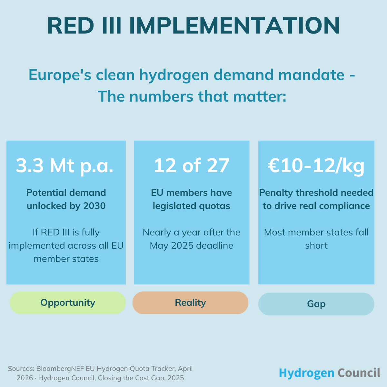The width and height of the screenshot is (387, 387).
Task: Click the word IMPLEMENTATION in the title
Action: [234, 26]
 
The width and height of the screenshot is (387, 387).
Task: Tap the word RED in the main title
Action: [71, 26]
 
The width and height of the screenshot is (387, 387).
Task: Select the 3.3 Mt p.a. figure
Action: [64, 166]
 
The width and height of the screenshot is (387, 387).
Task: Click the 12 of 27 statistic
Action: [191, 166]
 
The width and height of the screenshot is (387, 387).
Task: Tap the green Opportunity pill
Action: [68, 303]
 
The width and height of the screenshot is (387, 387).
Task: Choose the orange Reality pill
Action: [190, 303]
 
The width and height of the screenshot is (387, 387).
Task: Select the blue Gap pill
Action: [316, 304]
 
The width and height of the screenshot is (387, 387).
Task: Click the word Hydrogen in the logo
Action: [306, 373]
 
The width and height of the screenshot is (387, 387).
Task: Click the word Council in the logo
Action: [359, 372]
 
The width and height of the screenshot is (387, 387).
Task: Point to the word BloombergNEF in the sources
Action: [60, 369]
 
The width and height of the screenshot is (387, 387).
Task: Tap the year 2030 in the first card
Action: [94, 206]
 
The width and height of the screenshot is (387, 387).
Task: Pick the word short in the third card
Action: [316, 246]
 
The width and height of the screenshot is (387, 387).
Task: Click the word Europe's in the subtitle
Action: [60, 75]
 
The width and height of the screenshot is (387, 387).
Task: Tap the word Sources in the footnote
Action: [21, 369]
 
